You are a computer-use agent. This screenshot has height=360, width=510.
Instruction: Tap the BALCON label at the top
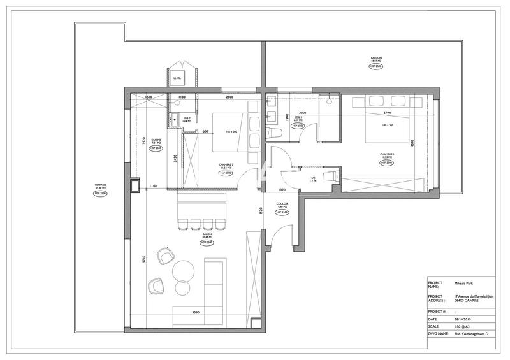coord(376,59)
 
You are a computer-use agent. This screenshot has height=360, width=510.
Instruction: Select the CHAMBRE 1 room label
coord(388,155)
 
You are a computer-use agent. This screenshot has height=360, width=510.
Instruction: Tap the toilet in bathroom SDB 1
coord(275,133)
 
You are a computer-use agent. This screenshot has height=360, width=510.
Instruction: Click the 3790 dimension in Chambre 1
coord(386,113)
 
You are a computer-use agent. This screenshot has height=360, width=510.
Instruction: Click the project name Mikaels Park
coord(464,285)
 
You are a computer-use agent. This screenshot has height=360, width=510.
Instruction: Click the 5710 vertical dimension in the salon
coord(144,259)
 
